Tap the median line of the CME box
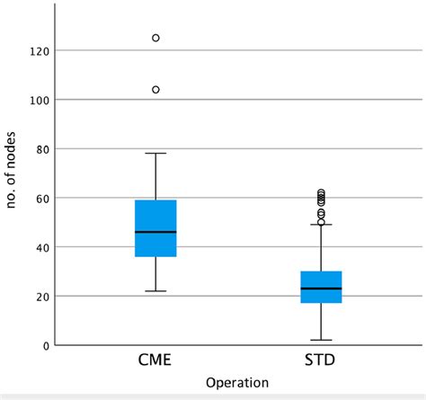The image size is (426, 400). point(155,232)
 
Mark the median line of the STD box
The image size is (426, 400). point(320,289)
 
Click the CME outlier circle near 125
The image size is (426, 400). point(155,38)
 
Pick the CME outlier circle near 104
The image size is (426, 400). point(155,90)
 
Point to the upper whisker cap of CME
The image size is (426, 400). point(155,153)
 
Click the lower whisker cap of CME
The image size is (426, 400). point(155,291)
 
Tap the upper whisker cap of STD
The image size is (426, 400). point(320,225)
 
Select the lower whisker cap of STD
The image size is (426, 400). point(320,340)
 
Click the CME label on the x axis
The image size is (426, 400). point(155,362)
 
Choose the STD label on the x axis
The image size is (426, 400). point(320,362)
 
